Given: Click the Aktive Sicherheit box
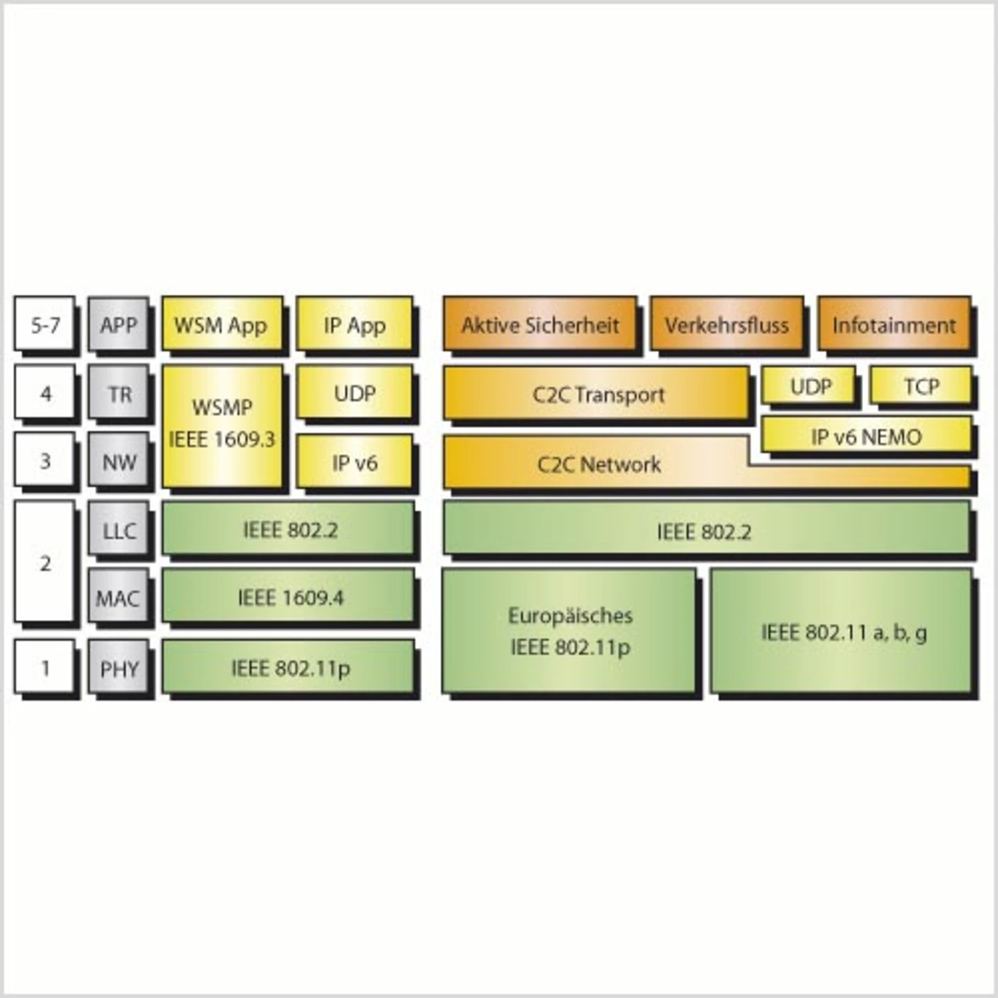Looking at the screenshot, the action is tap(540, 323).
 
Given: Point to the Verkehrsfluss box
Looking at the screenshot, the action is tap(727, 323).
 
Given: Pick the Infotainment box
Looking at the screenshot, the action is tap(894, 323).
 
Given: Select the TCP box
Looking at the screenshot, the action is tap(921, 385).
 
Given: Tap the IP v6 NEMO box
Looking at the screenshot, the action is tap(866, 434).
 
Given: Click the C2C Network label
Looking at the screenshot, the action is tap(600, 464).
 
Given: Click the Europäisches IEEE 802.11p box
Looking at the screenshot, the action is tap(568, 630).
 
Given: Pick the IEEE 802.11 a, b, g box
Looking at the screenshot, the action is tap(841, 630).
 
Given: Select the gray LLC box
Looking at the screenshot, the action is tap(119, 529).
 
